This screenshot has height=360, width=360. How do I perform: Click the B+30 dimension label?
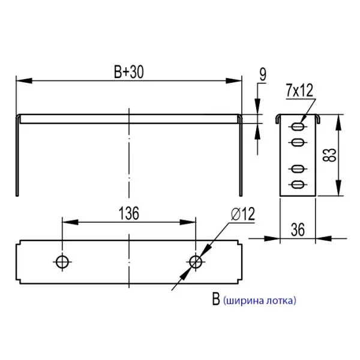click(x=128, y=72)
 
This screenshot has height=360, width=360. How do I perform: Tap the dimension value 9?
click(x=263, y=74)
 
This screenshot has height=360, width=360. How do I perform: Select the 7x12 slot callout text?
click(x=300, y=91)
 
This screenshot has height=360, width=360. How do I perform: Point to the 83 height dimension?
click(x=329, y=155)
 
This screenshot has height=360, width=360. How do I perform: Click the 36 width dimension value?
click(x=298, y=229)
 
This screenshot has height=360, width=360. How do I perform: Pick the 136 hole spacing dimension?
click(x=128, y=214)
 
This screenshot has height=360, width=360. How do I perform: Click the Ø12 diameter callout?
click(x=242, y=214)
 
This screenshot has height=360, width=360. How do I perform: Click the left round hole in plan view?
click(x=61, y=261)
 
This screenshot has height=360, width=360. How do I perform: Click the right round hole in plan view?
click(x=195, y=261)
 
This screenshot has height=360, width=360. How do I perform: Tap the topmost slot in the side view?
click(x=298, y=127)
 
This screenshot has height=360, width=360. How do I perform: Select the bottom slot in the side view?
click(x=298, y=184)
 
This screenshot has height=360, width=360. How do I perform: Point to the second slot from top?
click(x=298, y=142)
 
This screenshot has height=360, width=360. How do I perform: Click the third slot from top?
click(x=298, y=169)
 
